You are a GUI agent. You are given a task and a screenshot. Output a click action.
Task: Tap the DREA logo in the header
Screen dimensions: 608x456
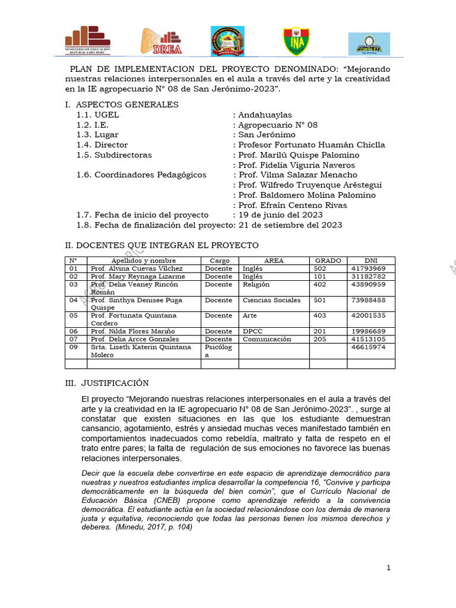(x=161, y=41)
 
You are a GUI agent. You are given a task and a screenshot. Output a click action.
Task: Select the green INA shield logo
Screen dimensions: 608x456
(x=295, y=41)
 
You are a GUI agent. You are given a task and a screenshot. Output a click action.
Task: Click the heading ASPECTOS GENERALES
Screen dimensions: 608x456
(x=127, y=104)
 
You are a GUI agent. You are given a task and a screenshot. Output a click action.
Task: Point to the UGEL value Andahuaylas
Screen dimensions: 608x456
(x=265, y=115)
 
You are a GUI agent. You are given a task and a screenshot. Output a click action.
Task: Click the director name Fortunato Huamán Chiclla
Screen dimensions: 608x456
(x=311, y=145)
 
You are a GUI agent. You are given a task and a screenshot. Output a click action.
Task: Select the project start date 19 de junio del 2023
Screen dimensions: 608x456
(x=280, y=215)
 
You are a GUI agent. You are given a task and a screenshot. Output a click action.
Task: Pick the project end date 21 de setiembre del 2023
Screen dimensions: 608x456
(x=290, y=225)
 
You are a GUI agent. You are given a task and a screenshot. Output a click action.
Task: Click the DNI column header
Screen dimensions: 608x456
(x=371, y=261)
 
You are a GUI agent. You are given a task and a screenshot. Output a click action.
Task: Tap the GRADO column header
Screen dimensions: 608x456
(x=328, y=261)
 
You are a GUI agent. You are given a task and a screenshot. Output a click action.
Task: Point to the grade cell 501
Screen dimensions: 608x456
(x=320, y=300)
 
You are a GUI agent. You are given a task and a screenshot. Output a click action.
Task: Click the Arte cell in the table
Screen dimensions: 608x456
(x=251, y=315)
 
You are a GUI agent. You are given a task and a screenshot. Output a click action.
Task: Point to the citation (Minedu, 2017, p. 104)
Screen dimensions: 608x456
(x=154, y=527)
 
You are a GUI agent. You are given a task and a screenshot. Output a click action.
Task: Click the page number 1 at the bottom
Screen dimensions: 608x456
(x=388, y=568)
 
